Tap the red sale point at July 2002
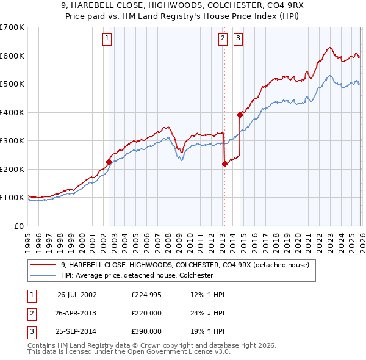(109, 162)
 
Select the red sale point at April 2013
(224, 164)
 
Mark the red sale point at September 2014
(240, 115)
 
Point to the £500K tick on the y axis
(12, 84)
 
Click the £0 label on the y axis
(18, 226)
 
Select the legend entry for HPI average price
(137, 275)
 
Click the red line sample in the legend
(44, 265)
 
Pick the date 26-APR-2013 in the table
(77, 313)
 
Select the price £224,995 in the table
(146, 295)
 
